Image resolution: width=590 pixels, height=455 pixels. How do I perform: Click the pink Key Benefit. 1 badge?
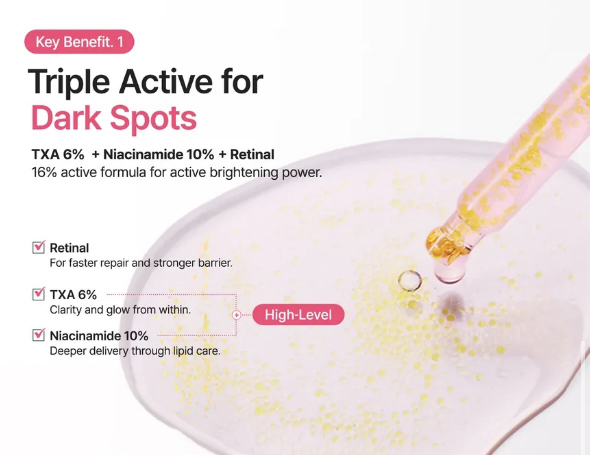(x=79, y=42)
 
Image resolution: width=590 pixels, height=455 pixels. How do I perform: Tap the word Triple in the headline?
(x=69, y=83)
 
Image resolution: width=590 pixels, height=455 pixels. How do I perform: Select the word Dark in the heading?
(x=66, y=118)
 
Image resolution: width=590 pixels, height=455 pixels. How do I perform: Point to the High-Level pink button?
(x=298, y=315)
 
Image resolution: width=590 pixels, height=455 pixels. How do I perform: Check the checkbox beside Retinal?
(x=39, y=247)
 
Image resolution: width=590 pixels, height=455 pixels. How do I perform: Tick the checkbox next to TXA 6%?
(x=39, y=294)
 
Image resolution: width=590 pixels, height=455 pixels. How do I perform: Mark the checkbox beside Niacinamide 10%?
(x=39, y=334)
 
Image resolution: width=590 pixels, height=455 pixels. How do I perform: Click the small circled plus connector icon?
(x=236, y=315)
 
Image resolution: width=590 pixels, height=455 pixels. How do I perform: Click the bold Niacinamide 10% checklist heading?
(x=99, y=336)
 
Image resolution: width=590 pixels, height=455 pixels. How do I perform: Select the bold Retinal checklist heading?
(x=69, y=248)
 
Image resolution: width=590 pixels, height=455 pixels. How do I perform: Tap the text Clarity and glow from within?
(x=120, y=310)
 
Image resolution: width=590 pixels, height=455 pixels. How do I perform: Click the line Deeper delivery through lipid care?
(x=135, y=351)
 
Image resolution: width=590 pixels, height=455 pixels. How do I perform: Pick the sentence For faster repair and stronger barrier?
(x=141, y=263)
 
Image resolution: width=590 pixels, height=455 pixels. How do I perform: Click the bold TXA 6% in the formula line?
(x=58, y=154)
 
